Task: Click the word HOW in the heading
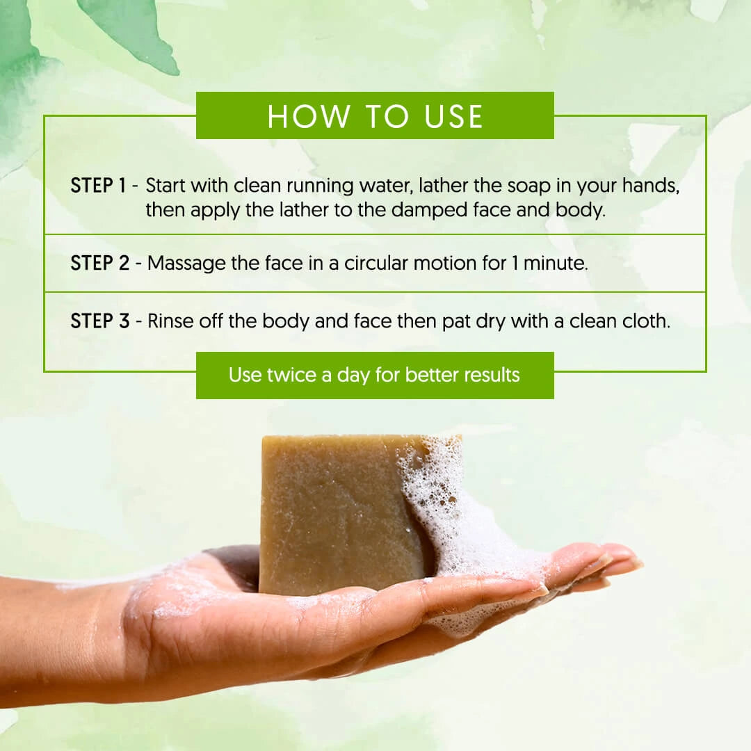click(x=309, y=116)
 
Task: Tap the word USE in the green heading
click(x=453, y=116)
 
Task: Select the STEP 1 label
click(x=98, y=186)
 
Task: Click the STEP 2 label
click(x=100, y=263)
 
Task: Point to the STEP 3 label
click(x=100, y=321)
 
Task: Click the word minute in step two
click(x=556, y=263)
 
